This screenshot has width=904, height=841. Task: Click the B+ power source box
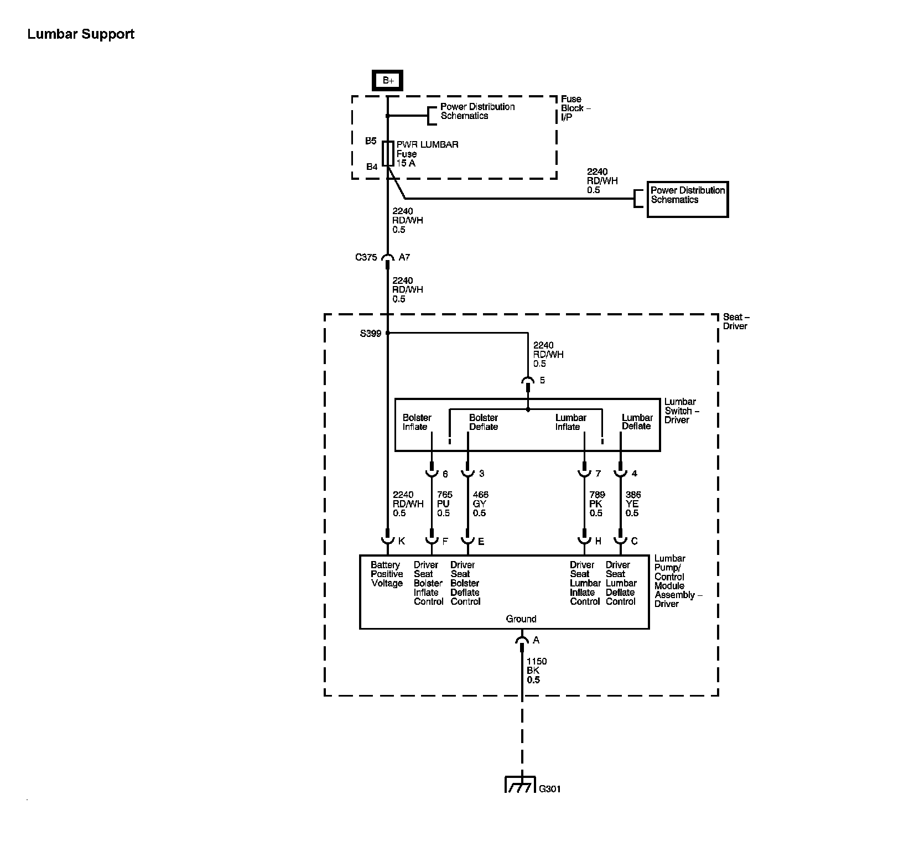(x=387, y=80)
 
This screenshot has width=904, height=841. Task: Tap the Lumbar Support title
(x=81, y=34)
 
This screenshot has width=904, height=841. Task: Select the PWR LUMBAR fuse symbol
(x=388, y=153)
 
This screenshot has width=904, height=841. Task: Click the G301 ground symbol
(x=520, y=786)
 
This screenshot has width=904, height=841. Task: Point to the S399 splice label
(x=370, y=334)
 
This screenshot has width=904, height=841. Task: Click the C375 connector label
(x=366, y=257)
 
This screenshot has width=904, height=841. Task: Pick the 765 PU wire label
(x=444, y=504)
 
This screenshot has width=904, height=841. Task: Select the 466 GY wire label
(x=480, y=504)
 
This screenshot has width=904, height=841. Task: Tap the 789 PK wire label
(x=596, y=504)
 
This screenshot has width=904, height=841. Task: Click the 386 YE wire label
(x=632, y=504)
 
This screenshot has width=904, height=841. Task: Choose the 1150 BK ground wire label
(x=536, y=671)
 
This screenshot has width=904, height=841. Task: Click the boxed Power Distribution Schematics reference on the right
(x=687, y=199)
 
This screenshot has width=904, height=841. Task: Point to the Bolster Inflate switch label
(x=417, y=422)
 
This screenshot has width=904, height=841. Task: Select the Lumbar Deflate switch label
(x=637, y=422)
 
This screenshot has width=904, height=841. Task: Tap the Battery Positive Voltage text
(x=387, y=574)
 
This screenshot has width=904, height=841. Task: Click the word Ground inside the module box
(x=521, y=619)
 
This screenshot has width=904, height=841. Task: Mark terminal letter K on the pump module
(x=402, y=541)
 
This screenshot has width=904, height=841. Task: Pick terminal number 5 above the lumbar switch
(x=542, y=381)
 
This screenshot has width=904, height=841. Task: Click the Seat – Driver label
(x=735, y=321)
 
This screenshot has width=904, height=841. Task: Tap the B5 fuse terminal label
(x=371, y=141)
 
